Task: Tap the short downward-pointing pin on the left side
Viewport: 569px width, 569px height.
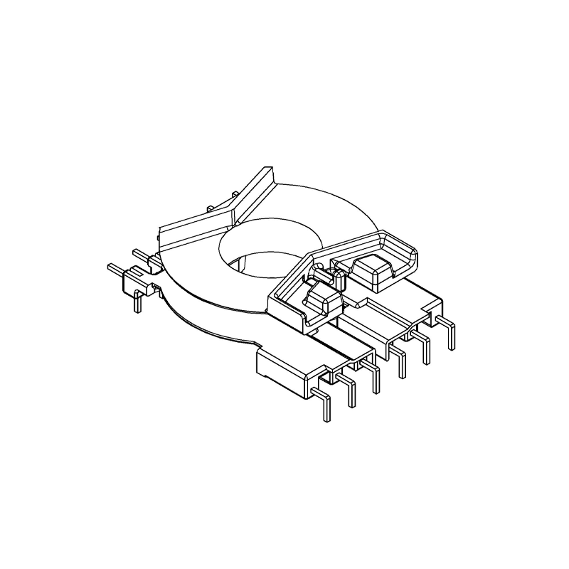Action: (137, 302)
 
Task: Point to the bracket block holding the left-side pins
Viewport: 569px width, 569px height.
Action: (136, 280)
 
